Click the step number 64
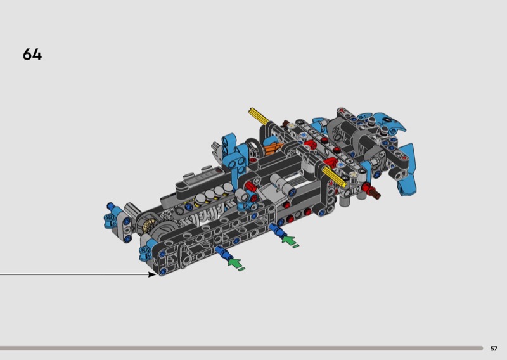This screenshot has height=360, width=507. pos(32,55)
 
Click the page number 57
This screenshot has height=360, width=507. pos(494,349)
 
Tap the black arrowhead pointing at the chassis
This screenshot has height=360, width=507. pos(152,274)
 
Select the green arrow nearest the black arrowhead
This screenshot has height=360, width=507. pos(234,262)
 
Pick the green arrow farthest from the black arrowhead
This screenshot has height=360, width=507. pos(289,240)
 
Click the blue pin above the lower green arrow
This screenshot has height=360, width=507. pos(224,252)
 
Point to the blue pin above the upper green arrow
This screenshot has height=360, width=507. pos(278,229)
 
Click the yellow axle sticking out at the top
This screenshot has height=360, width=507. pos(259,117)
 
